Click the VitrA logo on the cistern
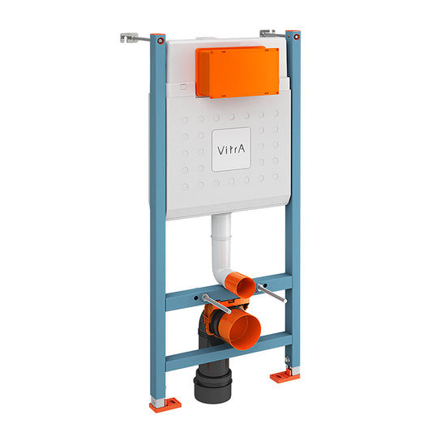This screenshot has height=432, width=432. tap(227, 149)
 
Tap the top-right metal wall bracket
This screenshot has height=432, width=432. tap(270, 32)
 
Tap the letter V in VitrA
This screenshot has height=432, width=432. tap(216, 149)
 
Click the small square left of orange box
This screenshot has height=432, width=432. tap(184, 86)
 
